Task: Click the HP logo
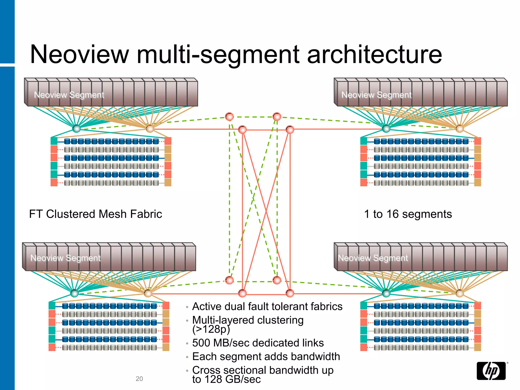pyautogui.click(x=491, y=371)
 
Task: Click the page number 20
pyautogui.click(x=139, y=379)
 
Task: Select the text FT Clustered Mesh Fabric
pyautogui.click(x=95, y=214)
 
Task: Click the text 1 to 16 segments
pyautogui.click(x=408, y=214)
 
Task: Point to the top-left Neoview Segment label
pyautogui.click(x=69, y=95)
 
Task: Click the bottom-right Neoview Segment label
pyautogui.click(x=373, y=258)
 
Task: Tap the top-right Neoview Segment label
pyautogui.click(x=376, y=95)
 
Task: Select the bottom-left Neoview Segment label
pyautogui.click(x=66, y=258)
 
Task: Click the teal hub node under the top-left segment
pyautogui.click(x=76, y=128)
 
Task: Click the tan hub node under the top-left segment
pyautogui.click(x=150, y=128)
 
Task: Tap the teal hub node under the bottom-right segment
pyautogui.click(x=386, y=293)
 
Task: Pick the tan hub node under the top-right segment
pyautogui.click(x=460, y=128)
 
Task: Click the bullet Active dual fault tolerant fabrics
pyautogui.click(x=267, y=306)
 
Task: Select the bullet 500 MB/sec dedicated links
pyautogui.click(x=258, y=343)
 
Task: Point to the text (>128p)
pyautogui.click(x=211, y=329)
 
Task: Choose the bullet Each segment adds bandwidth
pyautogui.click(x=266, y=356)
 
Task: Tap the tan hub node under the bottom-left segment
pyautogui.click(x=148, y=293)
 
